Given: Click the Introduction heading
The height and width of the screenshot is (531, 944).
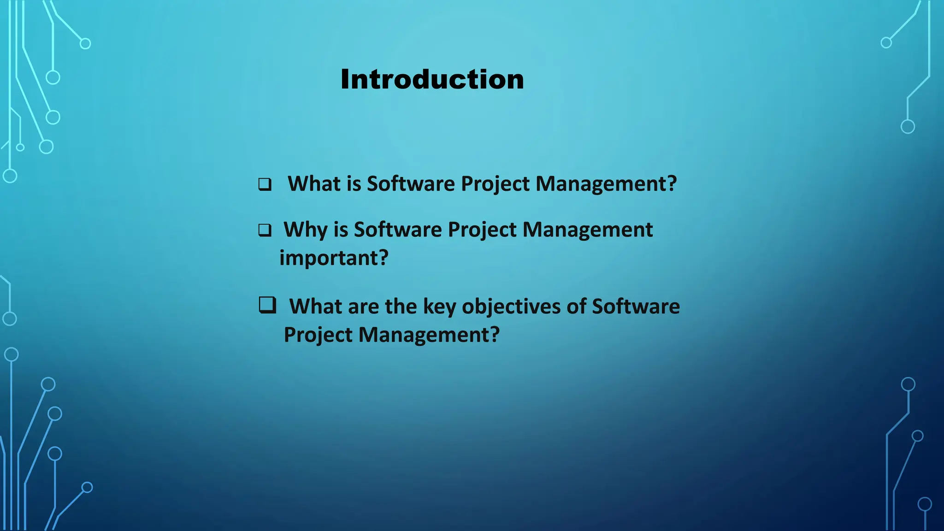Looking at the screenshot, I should click(x=432, y=79).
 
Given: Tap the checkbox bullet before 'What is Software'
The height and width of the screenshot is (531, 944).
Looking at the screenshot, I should click(x=265, y=184).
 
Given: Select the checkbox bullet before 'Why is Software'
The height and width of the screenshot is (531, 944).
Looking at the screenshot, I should click(x=265, y=230).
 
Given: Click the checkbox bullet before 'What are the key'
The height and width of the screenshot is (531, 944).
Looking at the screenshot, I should click(x=267, y=305).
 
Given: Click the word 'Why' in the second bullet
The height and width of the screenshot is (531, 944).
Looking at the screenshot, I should click(x=305, y=230).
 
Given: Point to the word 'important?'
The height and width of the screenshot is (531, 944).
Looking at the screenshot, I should click(x=334, y=258).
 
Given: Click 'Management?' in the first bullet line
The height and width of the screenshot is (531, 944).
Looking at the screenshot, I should click(x=606, y=184).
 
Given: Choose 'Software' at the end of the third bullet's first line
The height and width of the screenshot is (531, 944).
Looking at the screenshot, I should click(x=636, y=307).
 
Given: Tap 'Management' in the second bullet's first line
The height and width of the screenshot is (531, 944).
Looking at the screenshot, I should click(x=587, y=230).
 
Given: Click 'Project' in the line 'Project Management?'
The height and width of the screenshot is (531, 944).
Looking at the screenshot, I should click(x=318, y=335).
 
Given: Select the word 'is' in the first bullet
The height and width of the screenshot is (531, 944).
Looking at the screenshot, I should click(x=354, y=183).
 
